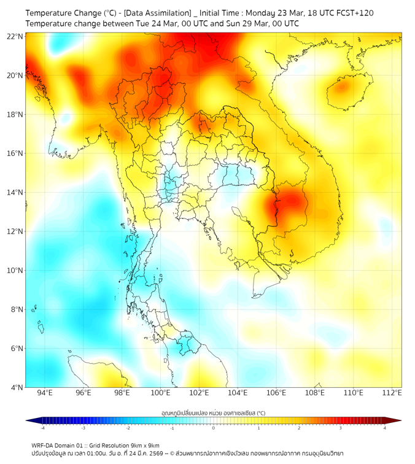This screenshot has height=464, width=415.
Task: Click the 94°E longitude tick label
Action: (x=45, y=393)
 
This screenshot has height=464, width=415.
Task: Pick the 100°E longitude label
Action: (x=160, y=393)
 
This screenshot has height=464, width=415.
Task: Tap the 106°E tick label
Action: (x=276, y=393)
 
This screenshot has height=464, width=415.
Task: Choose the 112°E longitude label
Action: (x=392, y=393)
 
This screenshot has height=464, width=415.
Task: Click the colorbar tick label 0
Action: (x=214, y=428)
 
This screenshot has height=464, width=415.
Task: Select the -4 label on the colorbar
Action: (x=42, y=428)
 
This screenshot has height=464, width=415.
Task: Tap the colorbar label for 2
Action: (x=299, y=428)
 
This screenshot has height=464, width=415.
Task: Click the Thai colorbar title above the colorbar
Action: (x=213, y=413)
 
